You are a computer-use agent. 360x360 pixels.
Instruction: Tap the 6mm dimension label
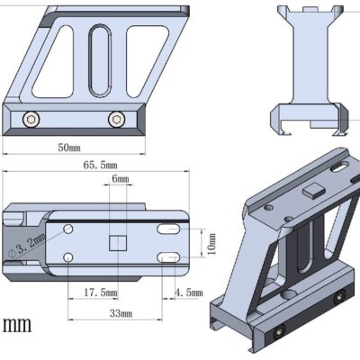pos(120,180)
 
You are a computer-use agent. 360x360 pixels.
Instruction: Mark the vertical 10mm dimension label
pos(211,243)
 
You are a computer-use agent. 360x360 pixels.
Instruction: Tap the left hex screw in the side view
pos(32,119)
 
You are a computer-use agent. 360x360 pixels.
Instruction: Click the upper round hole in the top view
pos(68,230)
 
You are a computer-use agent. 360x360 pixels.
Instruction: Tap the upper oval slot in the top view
pos(171,230)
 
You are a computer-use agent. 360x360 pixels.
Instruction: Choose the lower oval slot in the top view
pos(171,259)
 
